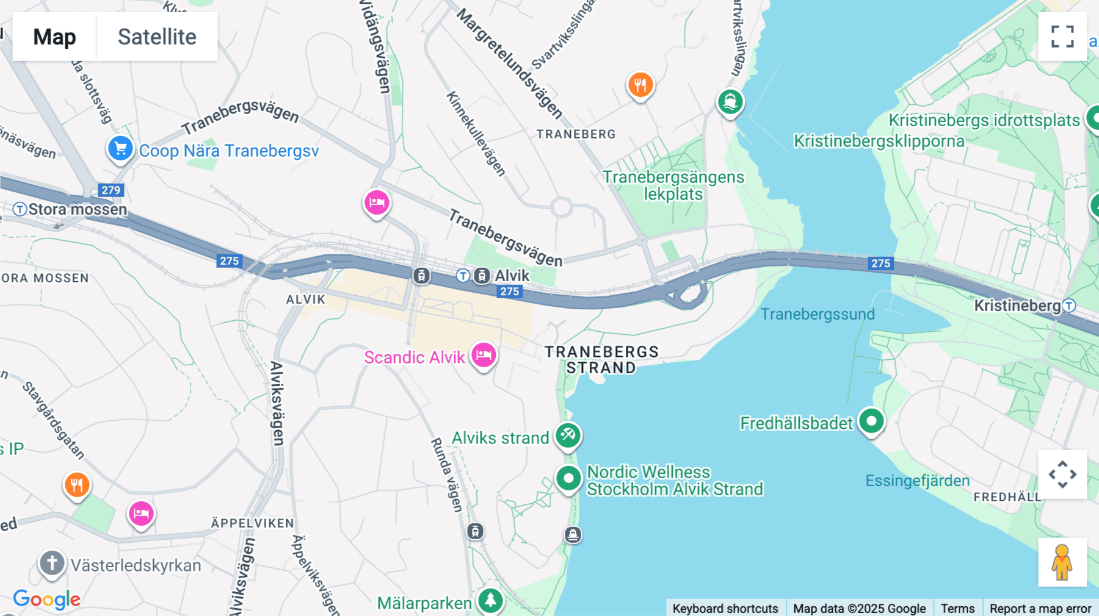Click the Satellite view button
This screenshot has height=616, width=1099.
[x=157, y=37]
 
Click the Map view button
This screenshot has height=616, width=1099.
[x=54, y=37]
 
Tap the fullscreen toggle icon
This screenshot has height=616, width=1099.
[x=1062, y=37]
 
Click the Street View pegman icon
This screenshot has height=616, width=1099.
[x=1062, y=562]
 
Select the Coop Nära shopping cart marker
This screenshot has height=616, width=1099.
[x=120, y=148]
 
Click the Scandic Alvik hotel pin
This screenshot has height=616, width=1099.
[x=484, y=355]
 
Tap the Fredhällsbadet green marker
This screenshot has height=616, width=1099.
[x=871, y=421]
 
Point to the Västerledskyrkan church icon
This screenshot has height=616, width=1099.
[x=52, y=563]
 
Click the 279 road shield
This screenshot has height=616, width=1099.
[x=111, y=190]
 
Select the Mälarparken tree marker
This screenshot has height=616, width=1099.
[x=490, y=601]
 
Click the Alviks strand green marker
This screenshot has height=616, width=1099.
[x=568, y=435]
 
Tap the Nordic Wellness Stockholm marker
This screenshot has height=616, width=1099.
[x=568, y=479]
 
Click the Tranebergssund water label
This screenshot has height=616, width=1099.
[x=818, y=314]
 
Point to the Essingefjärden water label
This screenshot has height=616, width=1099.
[x=917, y=481]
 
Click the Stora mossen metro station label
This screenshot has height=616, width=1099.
[x=77, y=209]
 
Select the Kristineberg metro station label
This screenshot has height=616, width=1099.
[x=1017, y=306]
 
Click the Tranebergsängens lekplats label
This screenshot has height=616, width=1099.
[x=673, y=185]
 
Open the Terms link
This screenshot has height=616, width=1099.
[x=957, y=608]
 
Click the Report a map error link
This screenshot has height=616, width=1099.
[x=1040, y=608]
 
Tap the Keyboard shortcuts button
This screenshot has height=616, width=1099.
[x=725, y=608]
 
